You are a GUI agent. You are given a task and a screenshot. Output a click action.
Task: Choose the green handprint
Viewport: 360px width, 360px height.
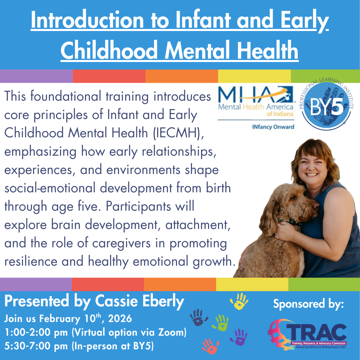[222, 322]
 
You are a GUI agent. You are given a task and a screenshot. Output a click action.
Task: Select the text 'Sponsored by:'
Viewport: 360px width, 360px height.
[308, 304]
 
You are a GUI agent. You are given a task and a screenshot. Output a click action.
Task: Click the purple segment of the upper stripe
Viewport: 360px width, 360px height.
[36, 76]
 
